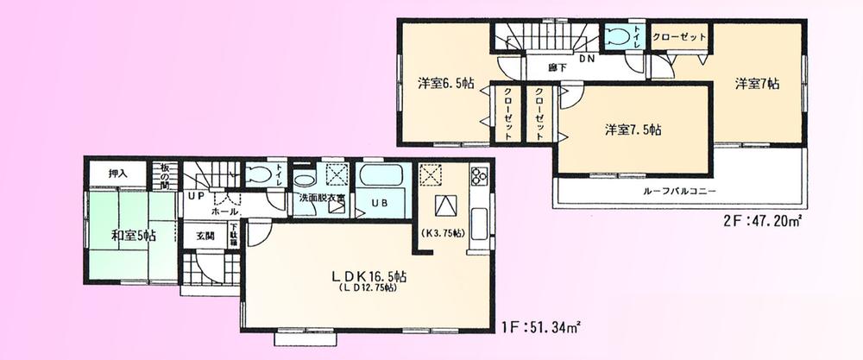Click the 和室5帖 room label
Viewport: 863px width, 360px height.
pyautogui.click(x=132, y=235)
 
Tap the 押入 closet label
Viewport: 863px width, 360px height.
pyautogui.click(x=118, y=174)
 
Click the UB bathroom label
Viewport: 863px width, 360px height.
pyautogui.click(x=379, y=204)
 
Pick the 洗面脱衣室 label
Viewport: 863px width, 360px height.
pyautogui.click(x=322, y=199)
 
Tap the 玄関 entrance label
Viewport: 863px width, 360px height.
pyautogui.click(x=205, y=234)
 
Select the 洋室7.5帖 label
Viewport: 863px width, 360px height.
pyautogui.click(x=633, y=130)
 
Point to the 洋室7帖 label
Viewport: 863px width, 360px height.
pyautogui.click(x=758, y=85)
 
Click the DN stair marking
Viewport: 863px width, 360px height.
pyautogui.click(x=588, y=60)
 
